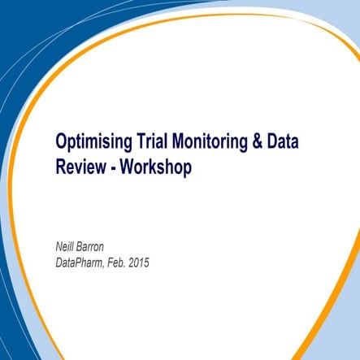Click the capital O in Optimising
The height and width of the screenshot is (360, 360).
[61, 143]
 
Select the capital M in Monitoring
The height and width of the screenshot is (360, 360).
[180, 143]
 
